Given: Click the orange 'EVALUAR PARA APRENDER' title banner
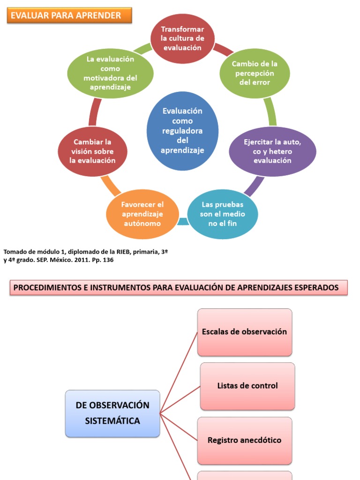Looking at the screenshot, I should click(x=69, y=15).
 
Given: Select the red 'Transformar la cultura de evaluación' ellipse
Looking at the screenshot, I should click(x=183, y=38).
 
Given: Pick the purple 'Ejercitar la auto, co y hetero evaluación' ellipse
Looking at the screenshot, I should click(x=272, y=151).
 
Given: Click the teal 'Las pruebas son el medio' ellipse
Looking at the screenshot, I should click(x=223, y=214).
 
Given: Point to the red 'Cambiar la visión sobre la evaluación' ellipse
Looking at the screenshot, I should click(x=92, y=151).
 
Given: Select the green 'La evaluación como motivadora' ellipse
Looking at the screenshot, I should click(x=110, y=73).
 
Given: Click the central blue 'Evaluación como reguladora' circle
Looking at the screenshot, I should click(x=182, y=131).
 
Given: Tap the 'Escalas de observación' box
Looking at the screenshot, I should click(x=244, y=332).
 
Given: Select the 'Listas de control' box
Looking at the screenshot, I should click(x=247, y=386).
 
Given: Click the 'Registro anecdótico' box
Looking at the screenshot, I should click(x=244, y=440).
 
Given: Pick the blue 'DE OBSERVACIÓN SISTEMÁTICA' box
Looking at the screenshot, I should click(x=112, y=413).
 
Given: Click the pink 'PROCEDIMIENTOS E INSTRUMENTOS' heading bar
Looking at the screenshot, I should click(x=179, y=288).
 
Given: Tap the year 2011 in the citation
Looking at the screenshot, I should click(x=83, y=260).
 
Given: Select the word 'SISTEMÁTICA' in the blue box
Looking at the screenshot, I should click(x=112, y=421).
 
